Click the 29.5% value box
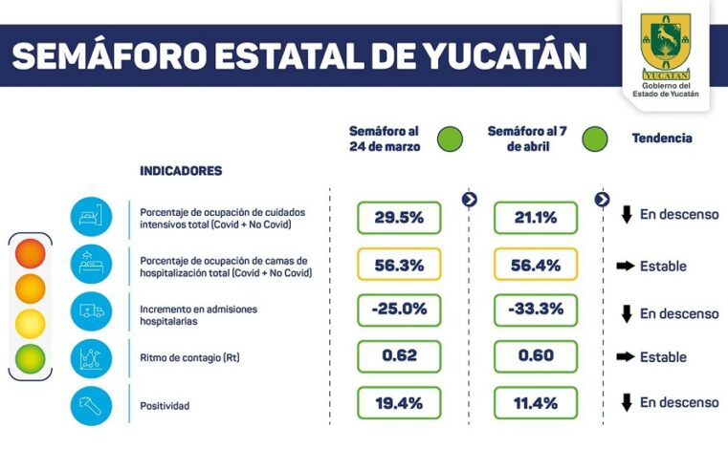[x=399, y=217]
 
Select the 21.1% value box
[x=536, y=217]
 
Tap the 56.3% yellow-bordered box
[x=399, y=265]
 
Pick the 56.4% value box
[x=536, y=265]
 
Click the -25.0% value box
[x=399, y=310]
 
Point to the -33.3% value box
[x=536, y=310]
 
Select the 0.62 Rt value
[x=399, y=356]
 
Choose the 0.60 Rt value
[x=536, y=356]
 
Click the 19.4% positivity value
[x=399, y=402]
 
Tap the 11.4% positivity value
[x=536, y=402]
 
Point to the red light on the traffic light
[x=30, y=254]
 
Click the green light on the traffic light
[x=30, y=358]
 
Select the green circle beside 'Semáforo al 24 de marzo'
[x=450, y=139]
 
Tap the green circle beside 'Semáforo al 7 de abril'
[x=594, y=139]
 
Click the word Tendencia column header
[x=662, y=139]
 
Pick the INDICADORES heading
[x=181, y=171]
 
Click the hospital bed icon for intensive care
[x=91, y=217]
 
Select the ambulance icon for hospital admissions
[x=91, y=311]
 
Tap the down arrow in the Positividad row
[x=627, y=402]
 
